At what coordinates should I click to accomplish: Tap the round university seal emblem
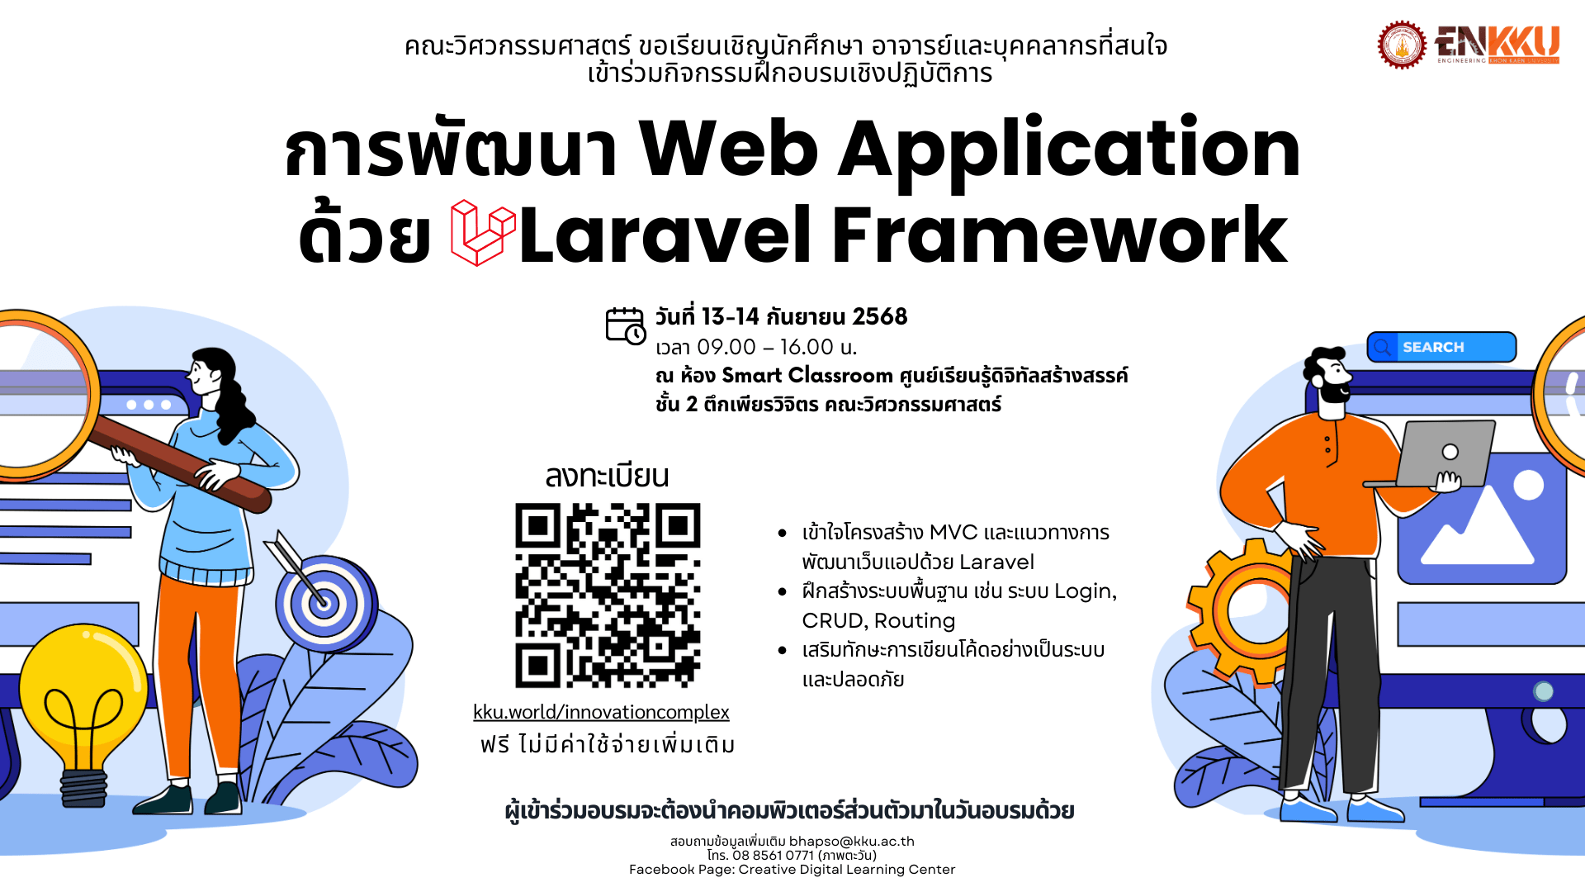1402,45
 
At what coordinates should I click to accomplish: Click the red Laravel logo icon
483,233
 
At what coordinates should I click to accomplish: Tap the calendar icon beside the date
626,325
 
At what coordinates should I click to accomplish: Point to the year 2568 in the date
879,316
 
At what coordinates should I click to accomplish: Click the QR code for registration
608,595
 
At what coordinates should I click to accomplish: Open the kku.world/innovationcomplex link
601,712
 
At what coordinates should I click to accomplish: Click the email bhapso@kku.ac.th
852,841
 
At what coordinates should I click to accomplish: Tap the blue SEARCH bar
1441,347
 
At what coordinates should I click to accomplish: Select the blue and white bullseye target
324,602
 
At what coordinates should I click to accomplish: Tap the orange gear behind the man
1238,611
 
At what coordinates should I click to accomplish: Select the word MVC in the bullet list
953,533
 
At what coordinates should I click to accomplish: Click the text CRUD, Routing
878,621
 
